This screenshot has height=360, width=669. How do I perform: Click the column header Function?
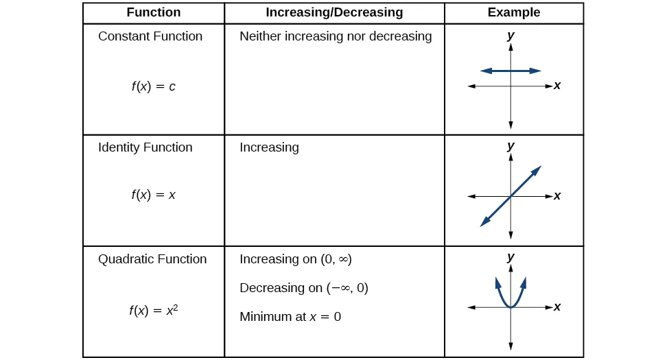[x=154, y=12]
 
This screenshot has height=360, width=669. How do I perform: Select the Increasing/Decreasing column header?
[x=334, y=12]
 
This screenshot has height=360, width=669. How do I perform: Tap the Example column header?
[x=513, y=12]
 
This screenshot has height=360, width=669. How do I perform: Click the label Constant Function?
[x=150, y=36]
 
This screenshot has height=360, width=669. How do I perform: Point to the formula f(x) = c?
[x=153, y=87]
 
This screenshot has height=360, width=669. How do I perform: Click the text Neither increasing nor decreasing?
[x=336, y=36]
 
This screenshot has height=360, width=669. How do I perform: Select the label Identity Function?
[x=145, y=147]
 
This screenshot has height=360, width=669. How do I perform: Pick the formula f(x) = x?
[x=153, y=195]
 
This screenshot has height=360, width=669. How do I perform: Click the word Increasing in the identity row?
[x=269, y=147]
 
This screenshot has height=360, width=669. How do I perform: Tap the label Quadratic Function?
[x=152, y=259]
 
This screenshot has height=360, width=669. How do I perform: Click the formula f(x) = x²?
[x=153, y=310]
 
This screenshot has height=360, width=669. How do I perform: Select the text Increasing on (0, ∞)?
[x=296, y=259]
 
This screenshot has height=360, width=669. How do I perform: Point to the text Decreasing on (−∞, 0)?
[x=304, y=288]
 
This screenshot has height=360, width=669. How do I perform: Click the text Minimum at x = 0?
[x=290, y=317]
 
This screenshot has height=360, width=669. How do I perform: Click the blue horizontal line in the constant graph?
[x=510, y=71]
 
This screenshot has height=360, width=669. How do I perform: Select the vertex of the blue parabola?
[x=510, y=307]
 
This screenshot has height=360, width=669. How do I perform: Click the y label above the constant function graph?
[x=510, y=36]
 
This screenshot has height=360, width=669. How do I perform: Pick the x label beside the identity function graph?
[x=557, y=196]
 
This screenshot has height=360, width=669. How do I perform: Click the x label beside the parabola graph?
[x=557, y=307]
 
